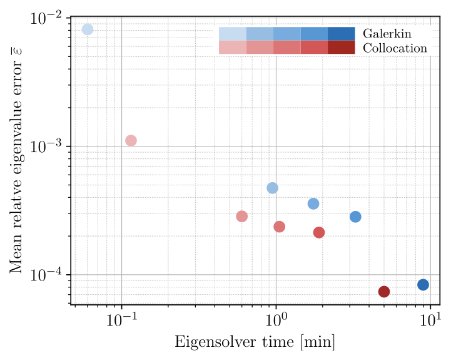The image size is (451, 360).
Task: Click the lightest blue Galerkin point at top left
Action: (x=88, y=29)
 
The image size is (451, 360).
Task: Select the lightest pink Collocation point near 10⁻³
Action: (x=131, y=141)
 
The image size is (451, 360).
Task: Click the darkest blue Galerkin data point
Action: (x=423, y=285)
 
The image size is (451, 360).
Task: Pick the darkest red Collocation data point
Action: (x=384, y=292)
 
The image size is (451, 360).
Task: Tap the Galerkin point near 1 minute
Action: (x=272, y=188)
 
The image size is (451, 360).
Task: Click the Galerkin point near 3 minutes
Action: (x=355, y=217)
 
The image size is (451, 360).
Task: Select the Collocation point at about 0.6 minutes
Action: (x=242, y=217)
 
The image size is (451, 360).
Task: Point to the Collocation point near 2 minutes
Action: (x=319, y=232)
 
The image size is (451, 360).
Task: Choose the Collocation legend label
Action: (x=395, y=48)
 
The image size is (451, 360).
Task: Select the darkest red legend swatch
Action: (x=341, y=48)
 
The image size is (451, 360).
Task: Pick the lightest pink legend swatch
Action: (x=232, y=48)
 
